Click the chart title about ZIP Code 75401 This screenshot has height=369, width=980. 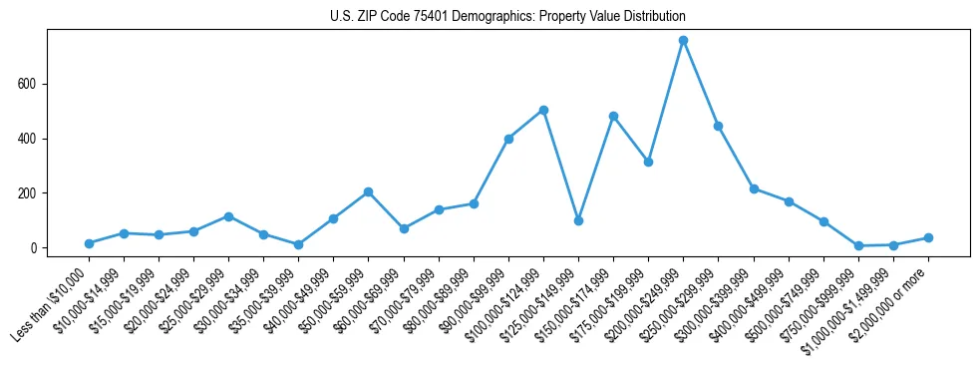[x=507, y=17]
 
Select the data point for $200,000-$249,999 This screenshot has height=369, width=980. [x=683, y=41]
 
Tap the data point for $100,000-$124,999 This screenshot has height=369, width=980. [x=543, y=110]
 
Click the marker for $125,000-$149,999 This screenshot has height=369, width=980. [x=578, y=220]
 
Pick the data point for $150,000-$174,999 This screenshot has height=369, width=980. [x=613, y=116]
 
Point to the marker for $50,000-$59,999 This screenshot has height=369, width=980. [x=369, y=191]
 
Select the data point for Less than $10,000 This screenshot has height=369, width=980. [x=89, y=243]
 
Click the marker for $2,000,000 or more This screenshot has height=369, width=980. [x=928, y=237]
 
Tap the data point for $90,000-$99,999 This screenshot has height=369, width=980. [x=508, y=139]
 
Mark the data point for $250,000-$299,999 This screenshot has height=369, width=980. [x=718, y=126]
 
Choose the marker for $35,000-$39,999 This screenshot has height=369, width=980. [x=298, y=244]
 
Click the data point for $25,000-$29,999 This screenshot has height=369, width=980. [x=228, y=216]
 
